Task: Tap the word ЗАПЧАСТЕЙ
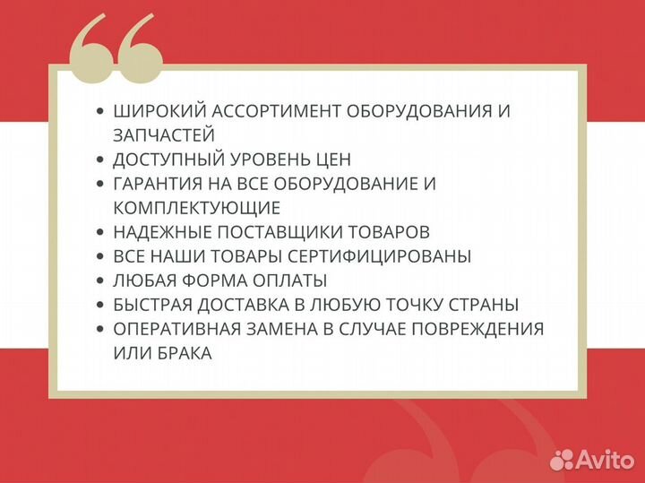coord(164,135)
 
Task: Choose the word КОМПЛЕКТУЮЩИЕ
coord(197,208)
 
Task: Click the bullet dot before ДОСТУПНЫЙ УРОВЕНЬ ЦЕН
coord(99,160)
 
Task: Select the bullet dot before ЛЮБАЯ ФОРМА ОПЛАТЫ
coord(99,280)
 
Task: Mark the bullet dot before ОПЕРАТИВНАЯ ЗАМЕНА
coord(99,329)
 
